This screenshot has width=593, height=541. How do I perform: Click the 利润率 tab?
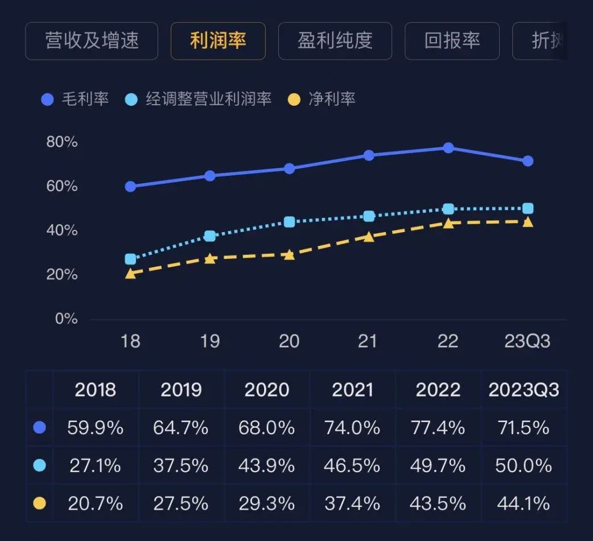(218, 41)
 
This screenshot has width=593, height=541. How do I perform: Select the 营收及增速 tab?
(92, 41)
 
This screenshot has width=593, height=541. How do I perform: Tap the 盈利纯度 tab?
(335, 41)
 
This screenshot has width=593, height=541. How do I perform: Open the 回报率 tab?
(452, 41)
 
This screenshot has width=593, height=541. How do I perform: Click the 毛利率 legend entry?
(75, 100)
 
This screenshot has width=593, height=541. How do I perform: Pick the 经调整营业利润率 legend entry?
(197, 100)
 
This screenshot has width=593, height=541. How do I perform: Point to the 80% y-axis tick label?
(62, 142)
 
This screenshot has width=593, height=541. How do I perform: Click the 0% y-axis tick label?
(66, 319)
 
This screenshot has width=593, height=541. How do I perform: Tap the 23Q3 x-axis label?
(527, 341)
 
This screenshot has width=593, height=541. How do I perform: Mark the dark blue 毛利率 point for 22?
(448, 148)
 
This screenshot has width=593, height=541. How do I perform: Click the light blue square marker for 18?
(130, 259)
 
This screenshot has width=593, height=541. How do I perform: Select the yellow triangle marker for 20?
(289, 254)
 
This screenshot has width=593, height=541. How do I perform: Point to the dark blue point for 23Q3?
(528, 161)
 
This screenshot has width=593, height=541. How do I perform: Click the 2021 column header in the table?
(352, 390)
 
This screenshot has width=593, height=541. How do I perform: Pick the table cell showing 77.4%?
(438, 428)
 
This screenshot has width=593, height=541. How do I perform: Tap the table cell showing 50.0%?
(523, 466)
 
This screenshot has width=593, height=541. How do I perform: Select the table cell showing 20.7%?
(96, 503)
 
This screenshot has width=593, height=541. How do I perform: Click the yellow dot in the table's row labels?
(39, 503)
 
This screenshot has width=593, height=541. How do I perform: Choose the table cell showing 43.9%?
(267, 466)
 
